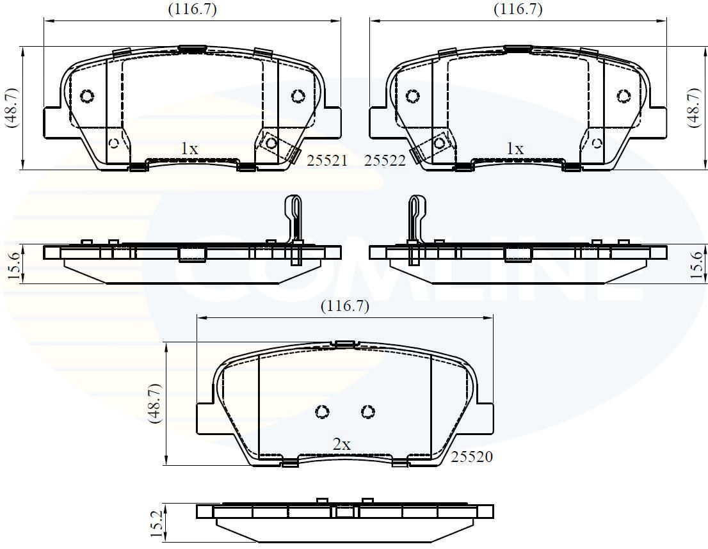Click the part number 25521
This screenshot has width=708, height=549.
coord(326,161)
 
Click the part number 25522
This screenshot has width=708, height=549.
coord(385,161)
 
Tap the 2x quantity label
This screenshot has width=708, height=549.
coord(341,444)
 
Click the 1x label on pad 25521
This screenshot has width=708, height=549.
coord(189,148)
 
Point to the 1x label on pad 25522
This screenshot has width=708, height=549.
coord(515,148)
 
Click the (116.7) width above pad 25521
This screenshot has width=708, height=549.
coord(192,9)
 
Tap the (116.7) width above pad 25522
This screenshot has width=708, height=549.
coord(518,9)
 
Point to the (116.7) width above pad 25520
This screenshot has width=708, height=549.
coord(345,306)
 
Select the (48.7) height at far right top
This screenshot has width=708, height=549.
coord(696,107)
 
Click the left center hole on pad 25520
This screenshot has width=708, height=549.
coord(322,411)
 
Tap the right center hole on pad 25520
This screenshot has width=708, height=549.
coord(367,411)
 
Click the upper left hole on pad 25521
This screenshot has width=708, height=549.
coord(87,96)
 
